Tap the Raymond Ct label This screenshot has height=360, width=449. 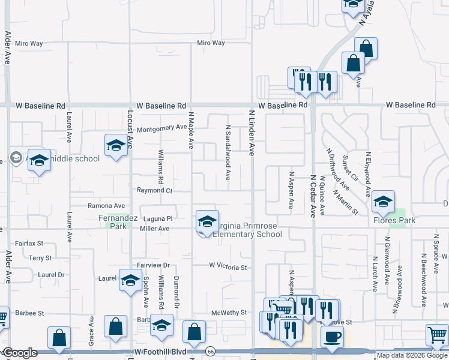point(154,190)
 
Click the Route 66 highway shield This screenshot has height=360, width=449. point(210,351)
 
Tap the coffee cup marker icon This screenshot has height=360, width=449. point(331,335)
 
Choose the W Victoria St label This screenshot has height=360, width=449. point(228,265)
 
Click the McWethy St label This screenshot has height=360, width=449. point(229,313)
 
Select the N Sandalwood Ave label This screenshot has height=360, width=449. point(228,153)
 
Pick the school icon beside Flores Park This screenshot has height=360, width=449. point(382,202)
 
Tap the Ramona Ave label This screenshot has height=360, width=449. point(106,206)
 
